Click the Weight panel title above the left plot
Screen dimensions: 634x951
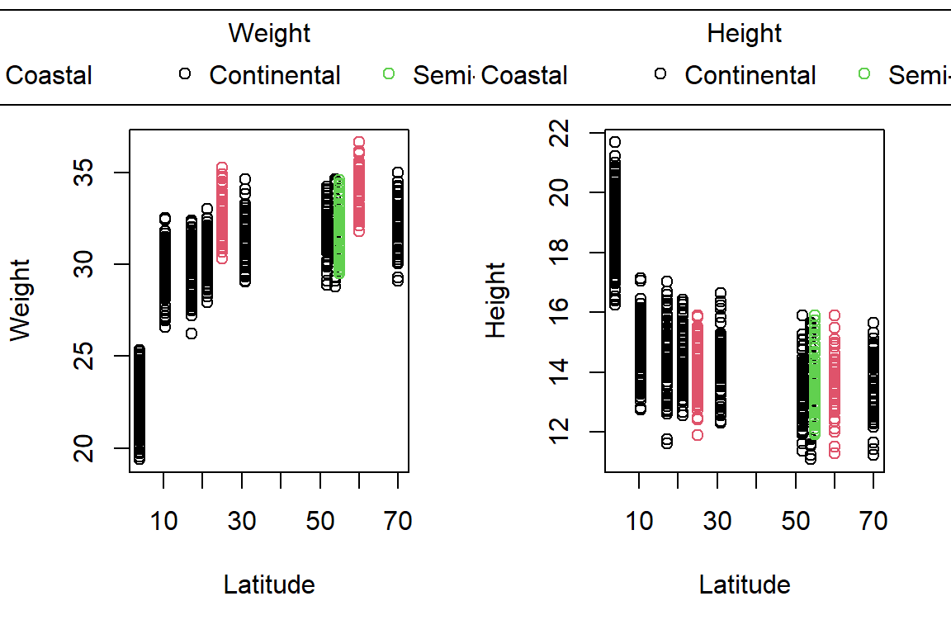(x=269, y=34)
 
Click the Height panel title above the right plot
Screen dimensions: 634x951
(x=744, y=34)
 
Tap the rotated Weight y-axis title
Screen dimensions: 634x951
(x=20, y=300)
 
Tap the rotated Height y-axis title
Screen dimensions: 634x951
(x=495, y=300)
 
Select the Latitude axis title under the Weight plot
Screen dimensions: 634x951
(x=269, y=584)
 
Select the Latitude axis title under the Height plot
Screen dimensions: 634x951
(x=744, y=584)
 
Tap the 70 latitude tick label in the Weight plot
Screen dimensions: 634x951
(x=398, y=521)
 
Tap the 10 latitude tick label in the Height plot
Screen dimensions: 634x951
(x=639, y=521)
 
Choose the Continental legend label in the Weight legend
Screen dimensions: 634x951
(x=275, y=75)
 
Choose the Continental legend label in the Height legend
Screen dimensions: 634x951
(x=750, y=75)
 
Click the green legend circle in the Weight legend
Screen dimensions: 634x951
(x=389, y=74)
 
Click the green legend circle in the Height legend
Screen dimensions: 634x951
(x=864, y=74)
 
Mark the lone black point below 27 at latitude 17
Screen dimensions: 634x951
(x=192, y=334)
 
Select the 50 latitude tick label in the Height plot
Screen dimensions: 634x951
(x=795, y=521)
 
